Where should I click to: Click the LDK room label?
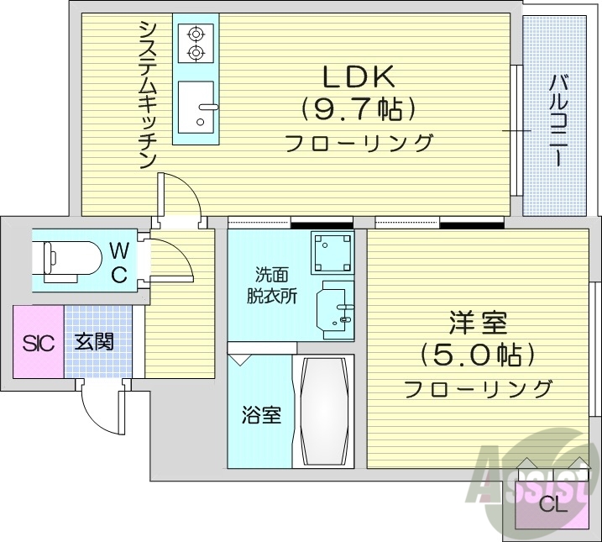[359, 76]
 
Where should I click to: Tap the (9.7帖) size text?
[359, 108]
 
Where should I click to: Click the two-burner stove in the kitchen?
[196, 44]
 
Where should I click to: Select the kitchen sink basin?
[196, 106]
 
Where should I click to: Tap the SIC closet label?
[37, 343]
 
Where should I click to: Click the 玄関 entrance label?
[94, 343]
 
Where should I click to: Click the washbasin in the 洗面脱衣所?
[333, 312]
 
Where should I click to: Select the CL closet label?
[552, 504]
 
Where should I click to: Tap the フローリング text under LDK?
[359, 142]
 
